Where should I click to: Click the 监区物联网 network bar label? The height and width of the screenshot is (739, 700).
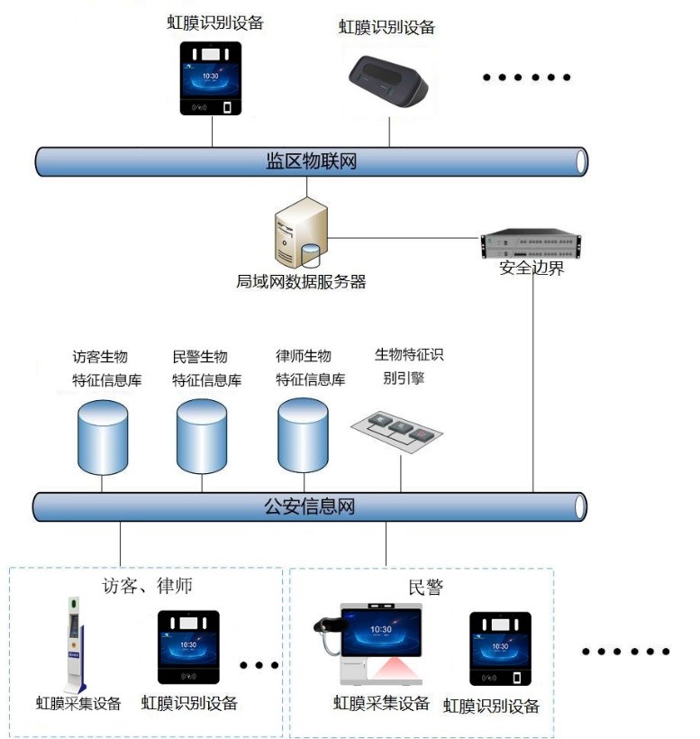(312, 161)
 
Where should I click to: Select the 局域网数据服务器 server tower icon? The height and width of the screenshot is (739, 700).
(301, 235)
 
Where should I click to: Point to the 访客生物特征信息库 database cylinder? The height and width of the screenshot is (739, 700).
(103, 438)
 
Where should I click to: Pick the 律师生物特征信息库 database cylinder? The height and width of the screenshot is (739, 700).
(304, 436)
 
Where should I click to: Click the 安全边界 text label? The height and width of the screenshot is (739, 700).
(532, 268)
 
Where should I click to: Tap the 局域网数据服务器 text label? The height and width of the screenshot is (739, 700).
(301, 282)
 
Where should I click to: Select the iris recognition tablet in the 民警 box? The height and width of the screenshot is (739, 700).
(500, 649)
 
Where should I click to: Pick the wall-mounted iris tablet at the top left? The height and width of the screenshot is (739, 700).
(213, 79)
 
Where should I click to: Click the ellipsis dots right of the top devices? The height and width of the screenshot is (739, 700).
(527, 78)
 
